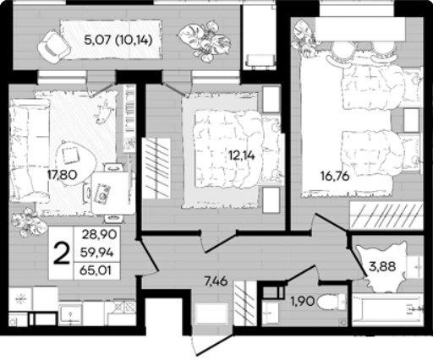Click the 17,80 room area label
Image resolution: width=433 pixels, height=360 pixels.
62,175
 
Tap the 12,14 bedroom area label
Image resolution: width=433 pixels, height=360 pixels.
242,155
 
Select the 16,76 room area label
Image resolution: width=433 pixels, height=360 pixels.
335,177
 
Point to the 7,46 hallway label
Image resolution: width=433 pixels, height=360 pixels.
216,281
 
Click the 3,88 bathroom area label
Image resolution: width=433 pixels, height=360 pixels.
382,266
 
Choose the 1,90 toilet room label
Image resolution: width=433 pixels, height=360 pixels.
303,302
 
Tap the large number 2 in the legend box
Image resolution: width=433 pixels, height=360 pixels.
62,254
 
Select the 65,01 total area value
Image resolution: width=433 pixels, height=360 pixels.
96,270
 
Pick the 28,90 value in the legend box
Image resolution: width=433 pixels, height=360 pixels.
100,234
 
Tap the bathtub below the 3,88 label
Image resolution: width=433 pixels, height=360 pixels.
387,310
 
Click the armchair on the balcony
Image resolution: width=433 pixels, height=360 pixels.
53,46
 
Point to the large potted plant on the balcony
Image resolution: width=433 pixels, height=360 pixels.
205,41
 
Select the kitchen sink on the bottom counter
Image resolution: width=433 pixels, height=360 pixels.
70,314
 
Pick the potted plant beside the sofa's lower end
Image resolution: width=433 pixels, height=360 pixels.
29,222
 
